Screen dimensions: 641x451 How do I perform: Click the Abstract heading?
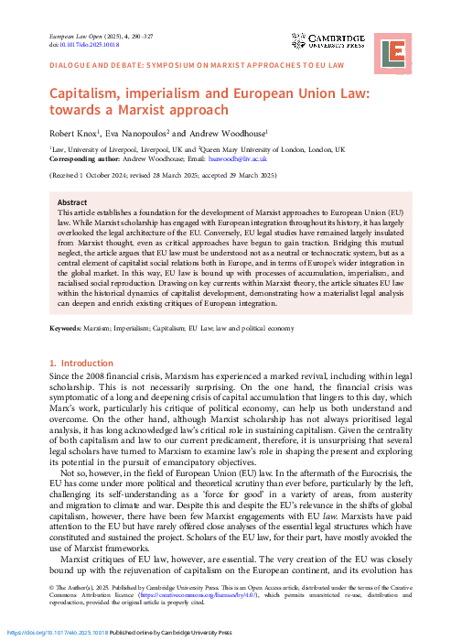[x=72, y=202]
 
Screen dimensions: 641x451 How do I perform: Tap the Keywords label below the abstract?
[x=70, y=328]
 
